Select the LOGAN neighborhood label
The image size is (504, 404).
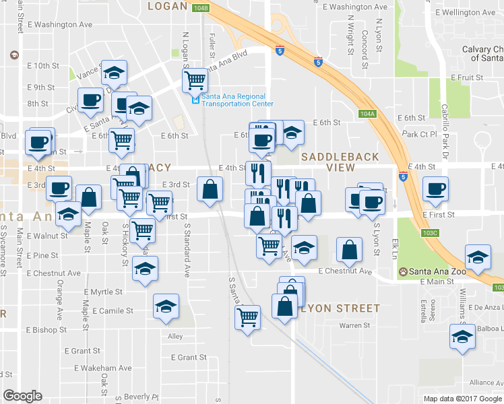point(166,6)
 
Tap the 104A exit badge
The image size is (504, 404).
point(367,114)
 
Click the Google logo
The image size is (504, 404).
point(22,396)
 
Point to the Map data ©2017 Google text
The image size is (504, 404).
point(462,399)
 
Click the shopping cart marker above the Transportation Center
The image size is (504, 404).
point(195,80)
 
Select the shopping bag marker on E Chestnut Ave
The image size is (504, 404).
point(348,250)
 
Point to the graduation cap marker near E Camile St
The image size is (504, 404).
point(166,306)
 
